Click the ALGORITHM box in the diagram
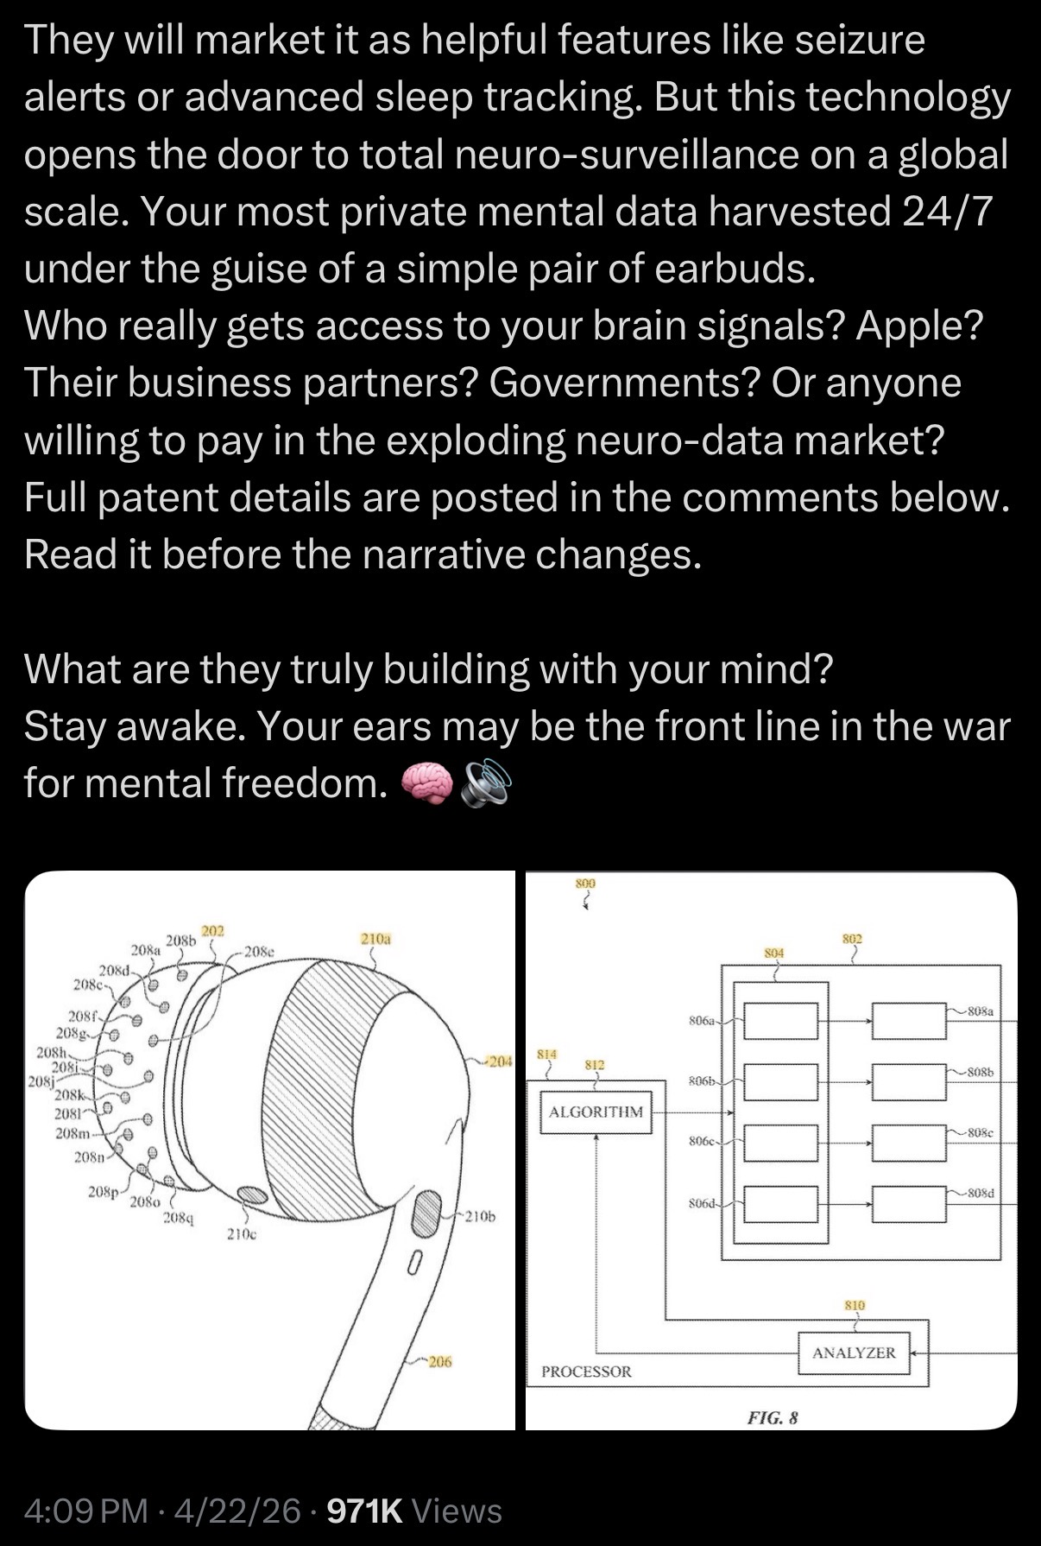[596, 1112]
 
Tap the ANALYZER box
[854, 1353]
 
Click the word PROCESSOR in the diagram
[586, 1372]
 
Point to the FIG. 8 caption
[773, 1418]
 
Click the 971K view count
[365, 1511]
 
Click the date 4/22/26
[237, 1511]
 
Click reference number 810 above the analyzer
[855, 1305]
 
